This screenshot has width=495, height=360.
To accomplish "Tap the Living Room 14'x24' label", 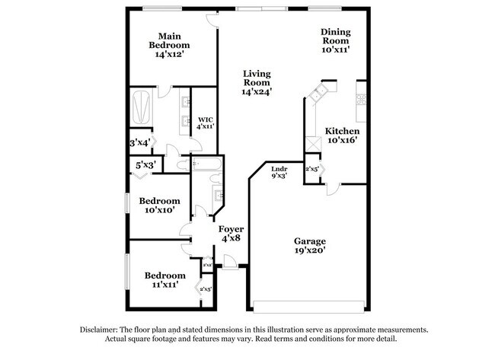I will tap(257, 82).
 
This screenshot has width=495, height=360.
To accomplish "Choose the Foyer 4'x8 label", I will tap(231, 233).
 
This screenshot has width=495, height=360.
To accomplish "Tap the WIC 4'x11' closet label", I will tap(206, 123).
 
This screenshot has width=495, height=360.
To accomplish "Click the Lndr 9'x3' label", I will tap(279, 172).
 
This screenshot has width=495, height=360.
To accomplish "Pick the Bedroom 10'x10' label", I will tap(159, 205).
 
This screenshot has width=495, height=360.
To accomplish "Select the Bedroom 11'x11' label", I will tap(164, 279).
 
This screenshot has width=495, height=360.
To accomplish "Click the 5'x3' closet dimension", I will tap(145, 164).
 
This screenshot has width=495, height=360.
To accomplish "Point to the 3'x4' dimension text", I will tap(139, 142).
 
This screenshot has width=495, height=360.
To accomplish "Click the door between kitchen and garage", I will tap(331, 189).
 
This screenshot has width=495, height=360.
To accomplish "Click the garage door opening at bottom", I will tap(308, 307).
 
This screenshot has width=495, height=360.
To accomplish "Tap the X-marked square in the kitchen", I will tap(311, 145).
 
